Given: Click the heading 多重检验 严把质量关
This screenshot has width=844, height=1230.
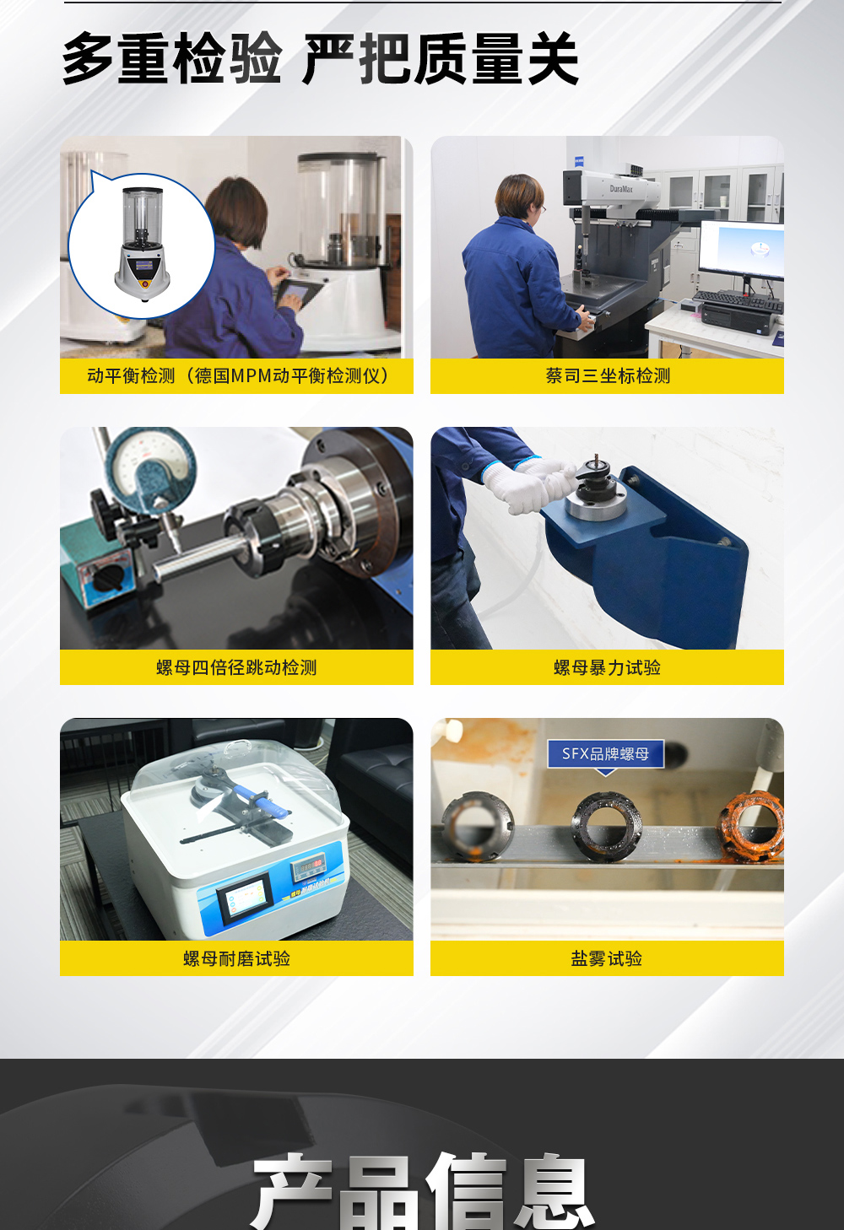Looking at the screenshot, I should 321,59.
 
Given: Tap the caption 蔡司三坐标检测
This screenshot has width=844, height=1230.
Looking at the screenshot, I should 607,376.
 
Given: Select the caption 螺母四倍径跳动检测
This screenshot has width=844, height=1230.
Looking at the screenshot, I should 236,667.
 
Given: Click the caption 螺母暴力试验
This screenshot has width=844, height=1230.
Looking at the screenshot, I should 607,667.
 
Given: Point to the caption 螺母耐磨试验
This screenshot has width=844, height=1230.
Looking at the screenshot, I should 236,958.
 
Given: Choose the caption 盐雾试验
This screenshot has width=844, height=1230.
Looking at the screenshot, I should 607,958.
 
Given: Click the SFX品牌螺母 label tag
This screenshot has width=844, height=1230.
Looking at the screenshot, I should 605,753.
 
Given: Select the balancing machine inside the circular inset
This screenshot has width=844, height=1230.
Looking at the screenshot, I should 143,245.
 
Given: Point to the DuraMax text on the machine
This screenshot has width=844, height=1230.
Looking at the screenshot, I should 621,189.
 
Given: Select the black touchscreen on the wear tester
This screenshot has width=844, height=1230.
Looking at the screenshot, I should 244,896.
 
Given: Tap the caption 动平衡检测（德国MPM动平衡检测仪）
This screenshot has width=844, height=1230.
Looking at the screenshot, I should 236,376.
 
